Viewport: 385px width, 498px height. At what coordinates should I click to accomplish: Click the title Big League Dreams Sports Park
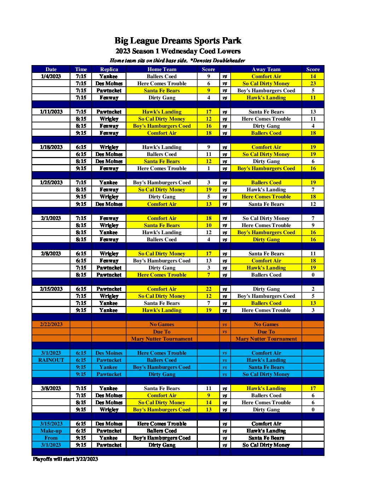click(178, 41)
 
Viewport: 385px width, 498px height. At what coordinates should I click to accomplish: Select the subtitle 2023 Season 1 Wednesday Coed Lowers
click(178, 51)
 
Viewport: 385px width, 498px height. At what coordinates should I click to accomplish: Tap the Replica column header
click(109, 69)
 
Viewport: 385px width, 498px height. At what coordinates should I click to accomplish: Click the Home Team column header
click(162, 69)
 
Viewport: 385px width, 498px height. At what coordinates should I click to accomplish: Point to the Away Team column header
click(266, 69)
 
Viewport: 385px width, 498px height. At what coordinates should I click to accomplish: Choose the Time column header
click(81, 69)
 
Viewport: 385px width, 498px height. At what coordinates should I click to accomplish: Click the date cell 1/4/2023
click(51, 76)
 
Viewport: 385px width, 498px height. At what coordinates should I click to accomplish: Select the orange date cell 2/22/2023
click(51, 324)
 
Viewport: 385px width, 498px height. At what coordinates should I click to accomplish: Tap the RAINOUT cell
click(51, 360)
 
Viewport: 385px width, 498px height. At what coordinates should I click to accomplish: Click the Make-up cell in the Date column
click(51, 431)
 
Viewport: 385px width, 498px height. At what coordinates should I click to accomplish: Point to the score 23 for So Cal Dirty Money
click(313, 83)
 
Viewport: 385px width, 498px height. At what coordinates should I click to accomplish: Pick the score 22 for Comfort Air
click(208, 289)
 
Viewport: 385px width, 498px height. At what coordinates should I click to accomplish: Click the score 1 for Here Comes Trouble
click(208, 168)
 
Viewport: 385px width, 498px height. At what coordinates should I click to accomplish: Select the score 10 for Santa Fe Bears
click(208, 225)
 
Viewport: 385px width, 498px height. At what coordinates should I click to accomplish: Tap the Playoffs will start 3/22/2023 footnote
click(65, 459)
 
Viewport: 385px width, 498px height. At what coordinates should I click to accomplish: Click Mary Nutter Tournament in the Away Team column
click(266, 339)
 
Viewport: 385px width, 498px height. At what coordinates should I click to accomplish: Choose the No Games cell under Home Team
click(162, 324)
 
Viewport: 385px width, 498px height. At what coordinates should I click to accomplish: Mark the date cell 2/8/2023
click(51, 254)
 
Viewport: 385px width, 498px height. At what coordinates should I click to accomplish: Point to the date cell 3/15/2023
click(51, 424)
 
